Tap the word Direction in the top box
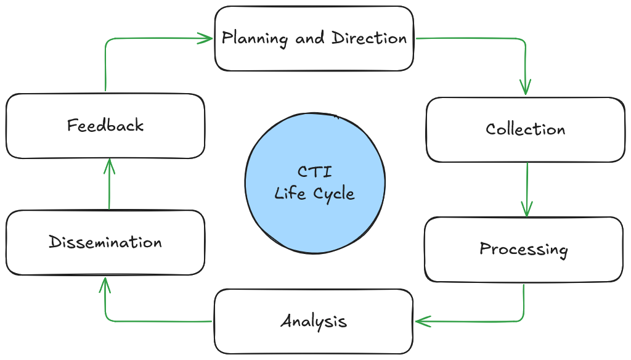(x=369, y=38)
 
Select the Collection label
(x=525, y=129)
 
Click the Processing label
(x=523, y=249)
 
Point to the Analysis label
(x=314, y=321)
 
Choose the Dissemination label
(x=105, y=242)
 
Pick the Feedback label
(x=105, y=126)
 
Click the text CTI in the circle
(x=314, y=171)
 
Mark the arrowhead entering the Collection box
(x=525, y=89)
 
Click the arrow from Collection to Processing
(x=527, y=188)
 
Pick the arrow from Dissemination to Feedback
(x=110, y=185)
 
